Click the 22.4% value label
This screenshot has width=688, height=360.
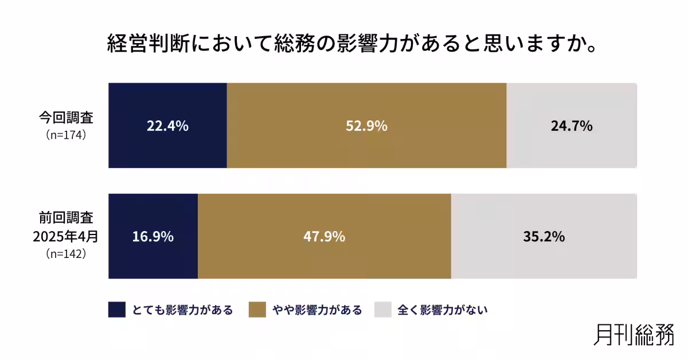coord(167,126)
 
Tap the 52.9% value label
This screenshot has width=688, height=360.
coord(366,126)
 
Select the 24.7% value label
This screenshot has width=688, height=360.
coord(571,126)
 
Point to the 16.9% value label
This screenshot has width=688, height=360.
coord(153,236)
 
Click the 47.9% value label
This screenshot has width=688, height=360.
coord(324,236)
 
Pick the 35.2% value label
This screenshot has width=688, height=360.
coord(544,236)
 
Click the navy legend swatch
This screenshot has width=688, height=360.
coord(116,310)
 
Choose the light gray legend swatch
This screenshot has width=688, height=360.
coord(382,310)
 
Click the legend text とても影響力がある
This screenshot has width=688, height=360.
coord(182,310)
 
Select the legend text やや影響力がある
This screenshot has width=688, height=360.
coord(317,310)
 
